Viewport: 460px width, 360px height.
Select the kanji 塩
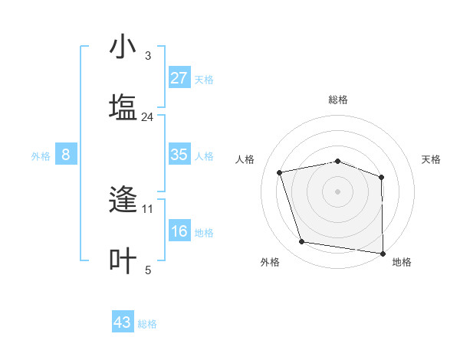(123, 106)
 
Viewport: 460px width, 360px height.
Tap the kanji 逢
(123, 200)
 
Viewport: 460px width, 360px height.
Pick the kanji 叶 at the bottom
(123, 260)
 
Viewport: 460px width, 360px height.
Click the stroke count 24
(148, 117)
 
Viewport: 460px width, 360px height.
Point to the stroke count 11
(148, 208)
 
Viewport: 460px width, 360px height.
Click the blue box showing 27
(179, 78)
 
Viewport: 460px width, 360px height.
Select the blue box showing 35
(179, 155)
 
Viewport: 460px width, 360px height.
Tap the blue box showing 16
(179, 231)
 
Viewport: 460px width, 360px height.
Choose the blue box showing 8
(65, 155)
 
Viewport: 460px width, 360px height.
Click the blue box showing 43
(123, 322)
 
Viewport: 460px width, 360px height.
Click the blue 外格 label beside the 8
(41, 156)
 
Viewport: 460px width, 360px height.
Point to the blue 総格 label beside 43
(148, 324)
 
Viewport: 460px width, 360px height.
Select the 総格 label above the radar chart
(338, 100)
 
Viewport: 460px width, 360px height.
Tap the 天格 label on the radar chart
(432, 159)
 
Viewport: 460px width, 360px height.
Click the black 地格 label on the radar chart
(402, 262)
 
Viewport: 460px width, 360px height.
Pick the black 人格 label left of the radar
(245, 159)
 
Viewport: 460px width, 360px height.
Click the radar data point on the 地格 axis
(383, 253)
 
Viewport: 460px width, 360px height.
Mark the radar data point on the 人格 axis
(280, 172)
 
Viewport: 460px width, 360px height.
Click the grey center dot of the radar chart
(338, 191)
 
